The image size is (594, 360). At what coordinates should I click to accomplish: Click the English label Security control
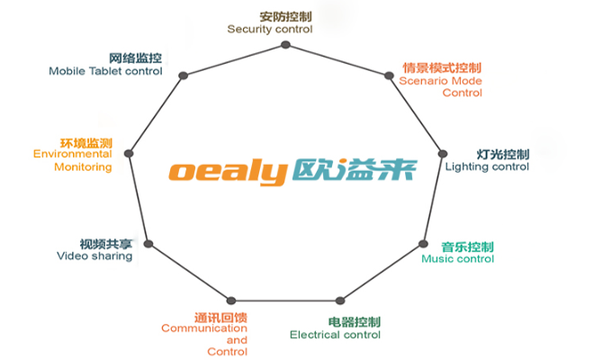pos(269,29)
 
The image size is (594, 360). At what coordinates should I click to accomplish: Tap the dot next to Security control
pos(287,43)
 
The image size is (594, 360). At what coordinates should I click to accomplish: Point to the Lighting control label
pos(487,166)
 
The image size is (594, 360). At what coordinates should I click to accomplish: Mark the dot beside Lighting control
pos(442,153)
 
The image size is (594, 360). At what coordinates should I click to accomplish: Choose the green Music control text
pos(457,259)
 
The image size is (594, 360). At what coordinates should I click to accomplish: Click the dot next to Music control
pos(424,244)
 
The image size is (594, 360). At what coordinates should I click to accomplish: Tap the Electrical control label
pos(335,335)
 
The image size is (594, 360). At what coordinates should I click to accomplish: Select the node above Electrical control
pos(339,301)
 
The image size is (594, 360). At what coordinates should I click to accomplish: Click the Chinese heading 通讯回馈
pos(220,316)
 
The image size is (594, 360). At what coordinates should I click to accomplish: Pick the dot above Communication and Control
pos(231,300)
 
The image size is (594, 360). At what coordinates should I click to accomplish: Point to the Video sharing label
pos(94,256)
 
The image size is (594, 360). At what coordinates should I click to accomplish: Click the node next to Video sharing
pos(148,244)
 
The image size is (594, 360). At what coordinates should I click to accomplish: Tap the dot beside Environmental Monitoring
pos(129,154)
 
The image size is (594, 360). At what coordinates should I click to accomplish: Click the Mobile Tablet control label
pos(105,70)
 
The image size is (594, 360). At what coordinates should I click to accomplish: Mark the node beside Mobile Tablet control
pos(182,76)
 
